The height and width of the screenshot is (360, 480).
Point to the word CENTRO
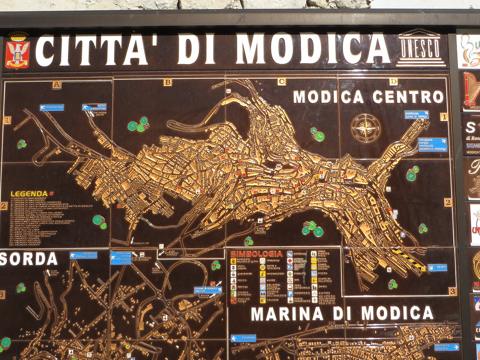click(408, 97)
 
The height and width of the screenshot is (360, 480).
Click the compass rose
click(366, 128)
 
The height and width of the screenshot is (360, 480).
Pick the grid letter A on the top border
click(57, 85)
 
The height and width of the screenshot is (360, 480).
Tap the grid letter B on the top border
click(167, 82)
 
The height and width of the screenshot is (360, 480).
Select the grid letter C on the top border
click(281, 82)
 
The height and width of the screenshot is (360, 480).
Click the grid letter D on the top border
click(393, 82)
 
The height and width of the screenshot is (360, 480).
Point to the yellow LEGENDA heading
click(29, 194)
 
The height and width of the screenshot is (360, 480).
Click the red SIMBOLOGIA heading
click(256, 254)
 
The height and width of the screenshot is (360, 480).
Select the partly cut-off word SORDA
click(28, 259)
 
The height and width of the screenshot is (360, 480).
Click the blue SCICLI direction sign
click(437, 268)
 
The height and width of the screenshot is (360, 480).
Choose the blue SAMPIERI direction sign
click(243, 338)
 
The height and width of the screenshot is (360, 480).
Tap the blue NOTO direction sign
click(94, 107)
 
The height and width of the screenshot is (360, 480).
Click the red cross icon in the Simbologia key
click(290, 260)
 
